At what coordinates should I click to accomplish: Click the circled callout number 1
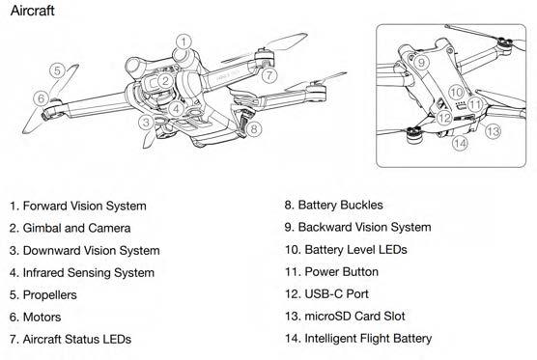184,42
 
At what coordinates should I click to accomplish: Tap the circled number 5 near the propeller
57,70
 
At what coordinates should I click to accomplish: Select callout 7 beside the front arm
269,75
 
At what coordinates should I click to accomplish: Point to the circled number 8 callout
254,128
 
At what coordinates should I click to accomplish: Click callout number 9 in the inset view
421,62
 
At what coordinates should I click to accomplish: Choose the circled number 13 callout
494,131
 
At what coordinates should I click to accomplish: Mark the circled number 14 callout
460,143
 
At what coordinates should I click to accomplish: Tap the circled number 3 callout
146,123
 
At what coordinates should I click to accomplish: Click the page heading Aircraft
32,11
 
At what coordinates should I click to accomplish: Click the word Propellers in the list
50,295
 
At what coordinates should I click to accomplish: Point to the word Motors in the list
42,318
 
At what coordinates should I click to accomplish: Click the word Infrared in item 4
43,273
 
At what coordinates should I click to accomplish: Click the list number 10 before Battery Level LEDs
293,250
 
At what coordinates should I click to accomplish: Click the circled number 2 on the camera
165,81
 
